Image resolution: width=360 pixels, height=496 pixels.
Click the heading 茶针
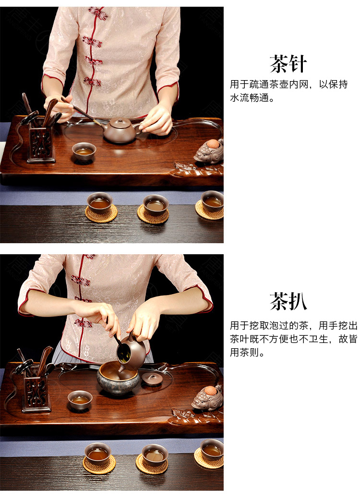tap(288, 64)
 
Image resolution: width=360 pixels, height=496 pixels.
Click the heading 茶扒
tap(288, 301)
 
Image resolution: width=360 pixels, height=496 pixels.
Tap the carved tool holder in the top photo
tap(41, 144)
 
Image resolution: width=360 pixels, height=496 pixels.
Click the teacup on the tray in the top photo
tap(84, 151)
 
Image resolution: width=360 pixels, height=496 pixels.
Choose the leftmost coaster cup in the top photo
tap(100, 203)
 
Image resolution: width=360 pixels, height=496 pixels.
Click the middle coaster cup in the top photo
tap(156, 205)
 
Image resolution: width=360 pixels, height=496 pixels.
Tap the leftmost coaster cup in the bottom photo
tap(98, 453)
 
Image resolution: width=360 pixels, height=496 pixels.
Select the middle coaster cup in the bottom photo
tap(155, 455)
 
